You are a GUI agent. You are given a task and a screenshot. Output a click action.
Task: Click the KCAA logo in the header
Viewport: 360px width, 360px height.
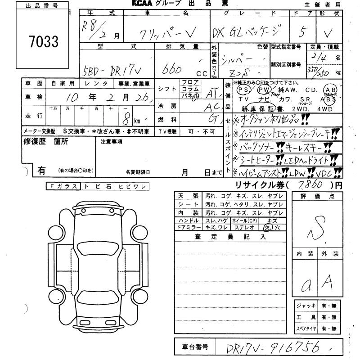tap(142, 4)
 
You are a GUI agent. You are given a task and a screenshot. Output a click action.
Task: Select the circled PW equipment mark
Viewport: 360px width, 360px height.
tap(262, 90)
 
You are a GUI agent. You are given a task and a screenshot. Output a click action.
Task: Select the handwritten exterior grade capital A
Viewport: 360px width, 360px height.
tap(328, 281)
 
